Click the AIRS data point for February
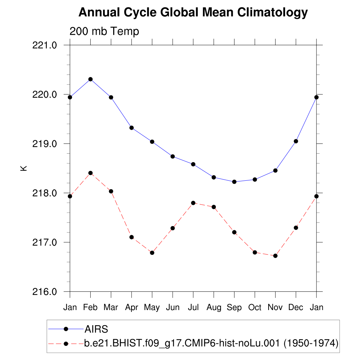tap(90, 79)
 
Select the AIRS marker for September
tap(234, 182)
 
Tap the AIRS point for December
tap(296, 141)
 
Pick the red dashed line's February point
tap(90, 173)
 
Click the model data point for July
tap(193, 203)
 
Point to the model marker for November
tap(275, 256)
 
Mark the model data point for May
tap(152, 253)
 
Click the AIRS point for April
tap(131, 128)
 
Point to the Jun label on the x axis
tap(172, 308)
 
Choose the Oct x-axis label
tap(255, 308)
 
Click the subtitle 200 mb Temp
tap(104, 31)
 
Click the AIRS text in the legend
tap(96, 329)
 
